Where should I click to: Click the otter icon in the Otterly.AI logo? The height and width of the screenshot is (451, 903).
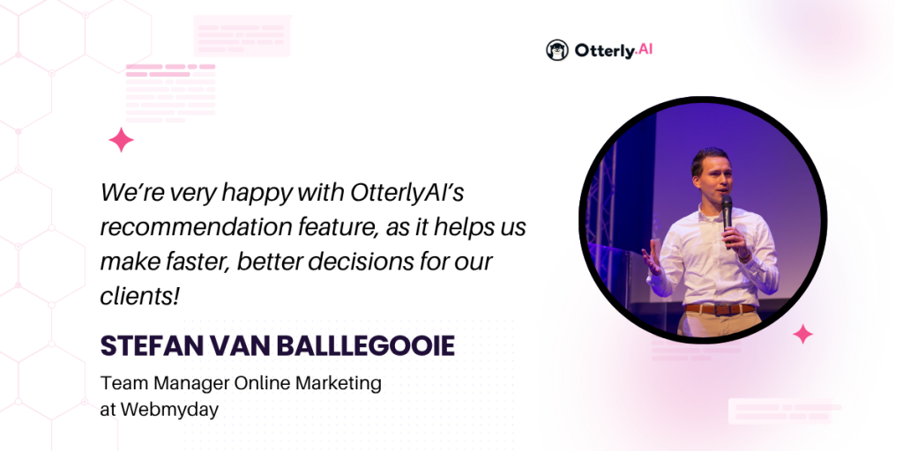point(557,50)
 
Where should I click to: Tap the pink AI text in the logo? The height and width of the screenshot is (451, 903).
point(645,50)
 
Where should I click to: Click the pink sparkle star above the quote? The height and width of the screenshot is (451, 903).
point(121,140)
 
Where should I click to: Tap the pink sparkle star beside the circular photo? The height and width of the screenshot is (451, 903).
point(802,334)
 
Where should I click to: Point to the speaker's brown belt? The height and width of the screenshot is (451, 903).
point(720,309)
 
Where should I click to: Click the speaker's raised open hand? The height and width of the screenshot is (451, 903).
point(652,257)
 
